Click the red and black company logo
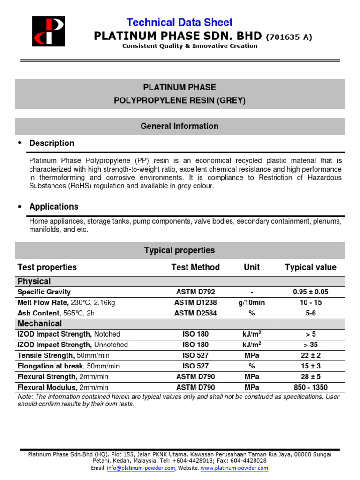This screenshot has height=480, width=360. tap(48, 31)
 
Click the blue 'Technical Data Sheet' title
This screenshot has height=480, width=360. tap(180, 22)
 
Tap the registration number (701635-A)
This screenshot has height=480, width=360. tap(289, 37)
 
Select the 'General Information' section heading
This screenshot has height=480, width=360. tap(180, 126)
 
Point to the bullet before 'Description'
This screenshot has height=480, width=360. tap(19, 142)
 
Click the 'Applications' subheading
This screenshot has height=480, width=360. tap(54, 207)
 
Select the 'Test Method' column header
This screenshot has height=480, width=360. tap(195, 267)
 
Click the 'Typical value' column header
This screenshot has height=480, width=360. tap(310, 267)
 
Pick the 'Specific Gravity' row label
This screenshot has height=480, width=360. tap(44, 292)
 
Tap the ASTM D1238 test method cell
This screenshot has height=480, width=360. tap(195, 303)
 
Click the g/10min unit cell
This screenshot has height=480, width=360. tap(252, 303)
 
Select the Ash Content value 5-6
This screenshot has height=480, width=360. tap(310, 313)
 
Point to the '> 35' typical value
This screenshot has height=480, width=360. tap(310, 345)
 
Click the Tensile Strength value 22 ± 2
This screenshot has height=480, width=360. tap(310, 356)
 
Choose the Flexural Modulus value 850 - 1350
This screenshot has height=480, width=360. tap(310, 388)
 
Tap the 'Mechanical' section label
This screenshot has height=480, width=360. tap(39, 324)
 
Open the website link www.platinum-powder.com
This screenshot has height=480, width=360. tap(234, 468)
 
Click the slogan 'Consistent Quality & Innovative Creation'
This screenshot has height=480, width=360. tap(190, 46)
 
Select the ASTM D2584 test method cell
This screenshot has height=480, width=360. tap(195, 313)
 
